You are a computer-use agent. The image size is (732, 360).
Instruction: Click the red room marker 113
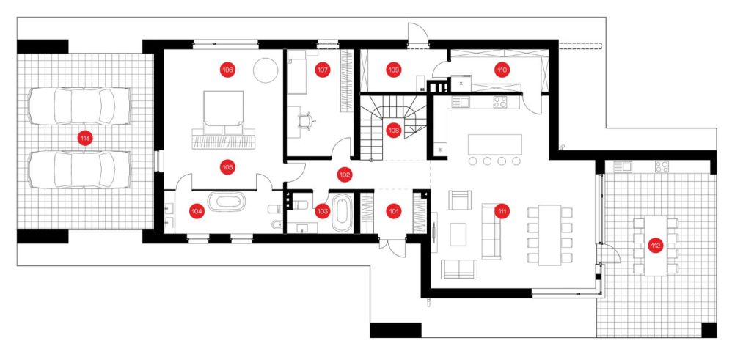85,138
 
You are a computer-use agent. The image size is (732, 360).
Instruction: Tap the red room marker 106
227,70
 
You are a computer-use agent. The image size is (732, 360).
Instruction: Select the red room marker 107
322,70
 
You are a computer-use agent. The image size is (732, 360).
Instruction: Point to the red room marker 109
393,70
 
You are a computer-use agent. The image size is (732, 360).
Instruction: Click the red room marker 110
502,70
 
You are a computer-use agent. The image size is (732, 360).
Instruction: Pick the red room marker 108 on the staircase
394,131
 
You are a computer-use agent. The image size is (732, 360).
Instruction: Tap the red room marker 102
345,175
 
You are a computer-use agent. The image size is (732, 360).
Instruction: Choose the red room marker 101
394,211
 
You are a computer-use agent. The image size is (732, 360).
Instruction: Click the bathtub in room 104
227,202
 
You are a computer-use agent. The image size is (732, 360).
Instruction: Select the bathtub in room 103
343,213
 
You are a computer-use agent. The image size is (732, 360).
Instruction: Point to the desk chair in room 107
305,120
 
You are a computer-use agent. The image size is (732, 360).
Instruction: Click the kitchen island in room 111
494,144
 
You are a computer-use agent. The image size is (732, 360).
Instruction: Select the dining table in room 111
549,235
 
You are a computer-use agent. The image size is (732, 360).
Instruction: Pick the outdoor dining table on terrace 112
656,246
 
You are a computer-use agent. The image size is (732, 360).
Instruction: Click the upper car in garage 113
79,106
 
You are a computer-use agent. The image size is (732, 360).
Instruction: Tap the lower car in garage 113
79,169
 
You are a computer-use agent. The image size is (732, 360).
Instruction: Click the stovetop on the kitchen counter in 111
500,102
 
